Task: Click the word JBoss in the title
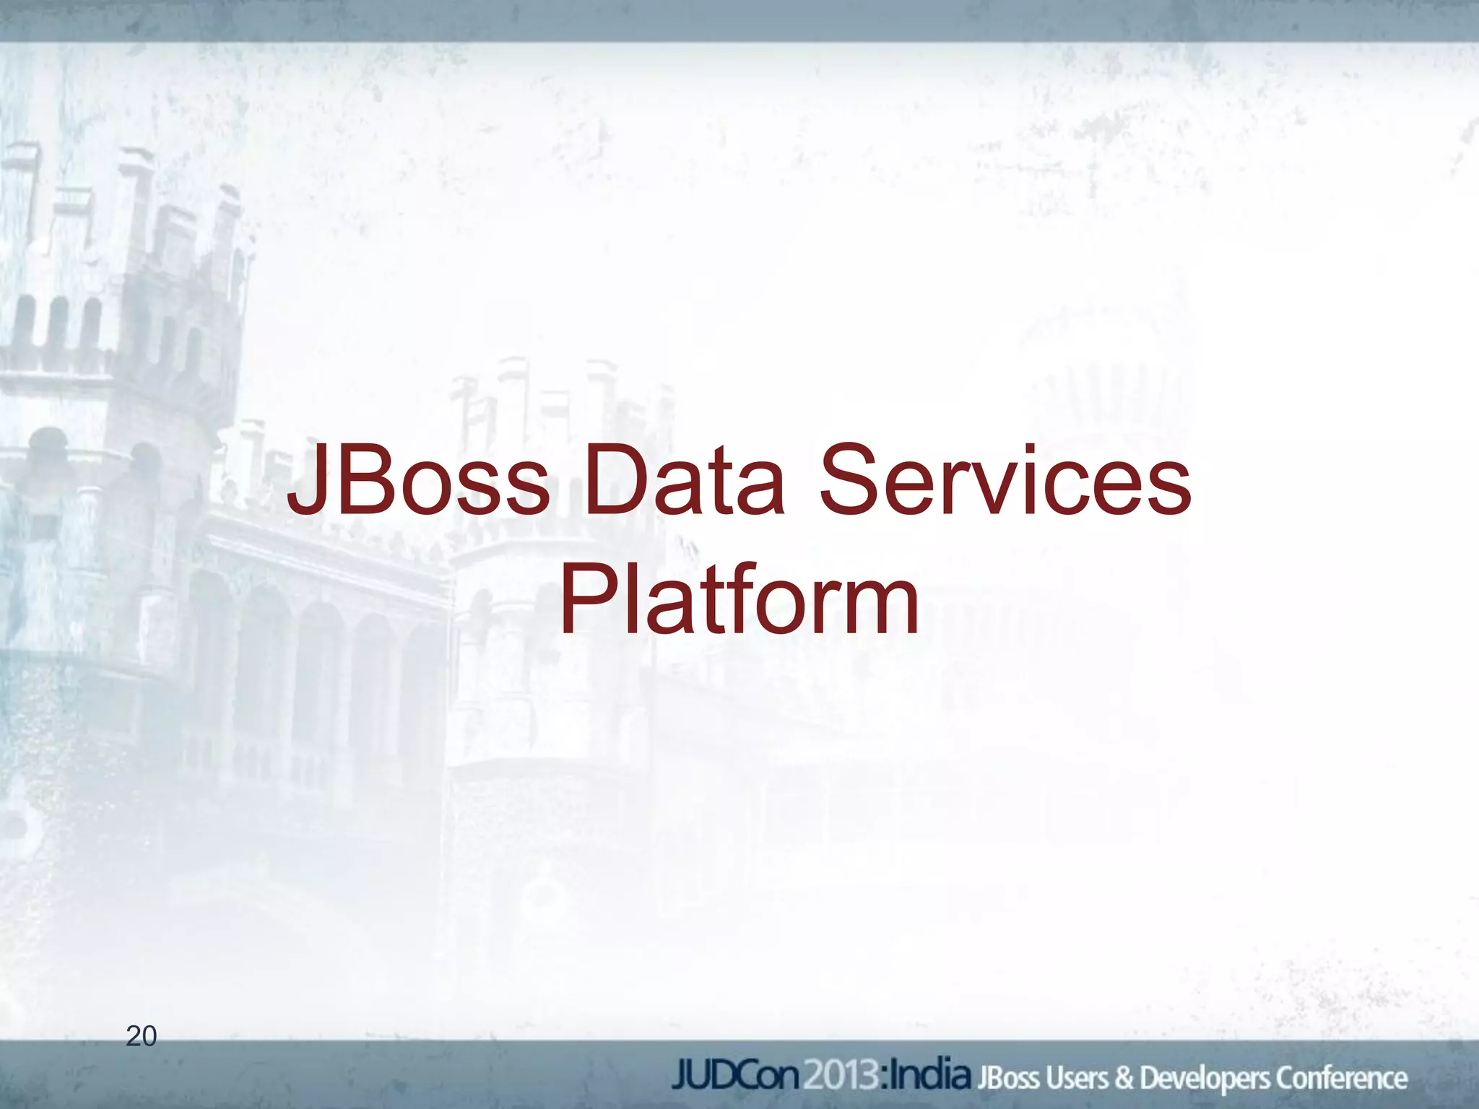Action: [x=418, y=481]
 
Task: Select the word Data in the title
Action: [x=683, y=481]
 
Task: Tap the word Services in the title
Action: [x=1005, y=481]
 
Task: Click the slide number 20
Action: [x=141, y=1036]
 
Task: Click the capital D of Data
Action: [x=613, y=481]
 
